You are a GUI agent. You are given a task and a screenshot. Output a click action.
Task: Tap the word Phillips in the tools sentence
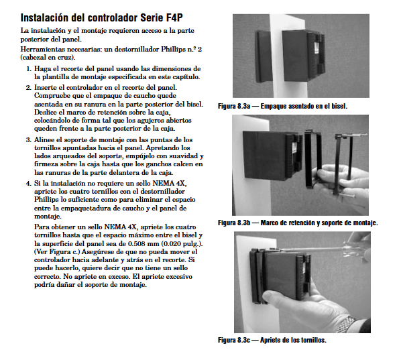pos(173,49)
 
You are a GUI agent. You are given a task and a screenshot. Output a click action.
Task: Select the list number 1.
pos(29,69)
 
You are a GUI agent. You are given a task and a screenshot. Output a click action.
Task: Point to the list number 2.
pos(29,88)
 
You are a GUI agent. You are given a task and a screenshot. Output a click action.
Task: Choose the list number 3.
pos(29,140)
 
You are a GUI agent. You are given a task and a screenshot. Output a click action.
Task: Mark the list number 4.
pos(29,184)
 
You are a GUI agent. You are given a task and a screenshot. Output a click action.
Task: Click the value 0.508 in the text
pos(137,243)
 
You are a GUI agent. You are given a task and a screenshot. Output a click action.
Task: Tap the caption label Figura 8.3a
pos(234,106)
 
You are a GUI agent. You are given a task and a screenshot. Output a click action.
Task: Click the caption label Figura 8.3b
pos(234,223)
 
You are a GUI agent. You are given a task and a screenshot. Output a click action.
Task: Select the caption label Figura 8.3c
pos(234,340)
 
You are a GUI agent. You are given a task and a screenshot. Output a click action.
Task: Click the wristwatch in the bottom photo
pos(347,324)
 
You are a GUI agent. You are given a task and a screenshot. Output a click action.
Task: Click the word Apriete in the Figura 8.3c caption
pos(271,340)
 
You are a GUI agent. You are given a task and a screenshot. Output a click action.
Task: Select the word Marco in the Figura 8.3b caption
pos(269,223)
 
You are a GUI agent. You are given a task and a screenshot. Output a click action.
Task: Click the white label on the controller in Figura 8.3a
pos(317,48)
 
